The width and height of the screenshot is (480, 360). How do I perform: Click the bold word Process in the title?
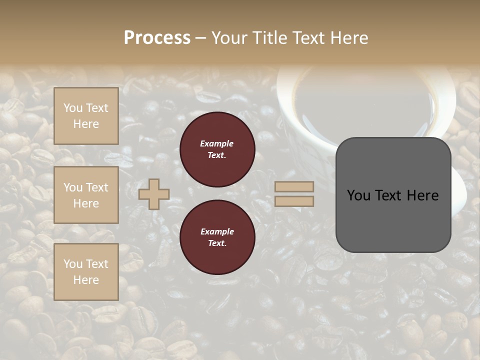click(x=157, y=38)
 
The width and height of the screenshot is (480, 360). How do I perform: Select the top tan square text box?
click(x=86, y=116)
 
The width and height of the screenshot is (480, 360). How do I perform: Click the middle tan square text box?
click(x=86, y=195)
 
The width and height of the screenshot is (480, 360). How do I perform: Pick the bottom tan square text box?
click(x=86, y=271)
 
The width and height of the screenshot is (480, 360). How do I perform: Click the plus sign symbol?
click(x=154, y=194)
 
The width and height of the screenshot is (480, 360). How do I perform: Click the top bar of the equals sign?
click(x=294, y=186)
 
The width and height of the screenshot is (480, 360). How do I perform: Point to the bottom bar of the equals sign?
click(x=294, y=201)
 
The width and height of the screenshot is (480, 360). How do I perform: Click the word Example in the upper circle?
click(x=217, y=143)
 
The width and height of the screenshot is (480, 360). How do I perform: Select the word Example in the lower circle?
click(x=217, y=231)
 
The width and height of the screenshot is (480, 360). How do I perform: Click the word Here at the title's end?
click(x=349, y=38)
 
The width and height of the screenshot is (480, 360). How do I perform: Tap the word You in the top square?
click(x=73, y=108)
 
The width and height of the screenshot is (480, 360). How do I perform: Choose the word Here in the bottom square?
click(x=86, y=280)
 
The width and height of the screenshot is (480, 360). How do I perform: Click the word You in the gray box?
click(x=358, y=195)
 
